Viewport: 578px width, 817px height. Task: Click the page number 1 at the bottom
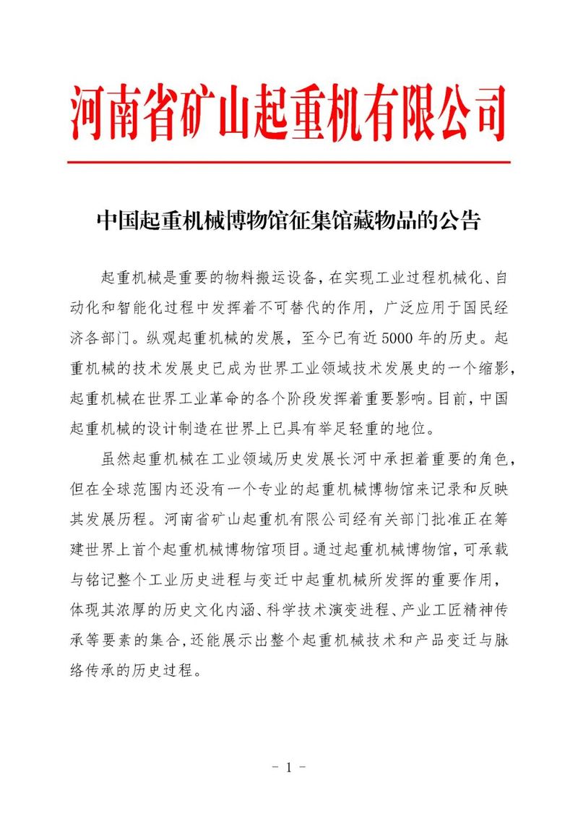pyautogui.click(x=288, y=767)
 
